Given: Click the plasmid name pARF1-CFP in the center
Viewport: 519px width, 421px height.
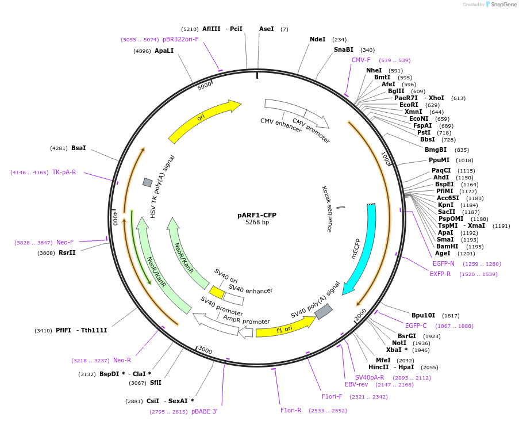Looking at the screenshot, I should [256, 215].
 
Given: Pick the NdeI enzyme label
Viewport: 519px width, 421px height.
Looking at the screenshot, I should [317, 40].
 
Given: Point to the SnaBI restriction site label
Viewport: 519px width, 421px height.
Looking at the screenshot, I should [343, 50].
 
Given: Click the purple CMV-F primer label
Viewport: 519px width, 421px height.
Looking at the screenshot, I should [361, 60].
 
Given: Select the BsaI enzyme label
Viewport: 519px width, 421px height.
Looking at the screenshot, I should [78, 148].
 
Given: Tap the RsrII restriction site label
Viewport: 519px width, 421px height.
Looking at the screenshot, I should [67, 252].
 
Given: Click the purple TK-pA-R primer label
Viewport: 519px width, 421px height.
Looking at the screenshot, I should [64, 172].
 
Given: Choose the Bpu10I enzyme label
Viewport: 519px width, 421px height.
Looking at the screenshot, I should [423, 315].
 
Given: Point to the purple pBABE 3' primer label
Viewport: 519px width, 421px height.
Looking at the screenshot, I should [204, 411].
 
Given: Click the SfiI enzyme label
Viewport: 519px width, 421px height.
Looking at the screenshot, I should [155, 382].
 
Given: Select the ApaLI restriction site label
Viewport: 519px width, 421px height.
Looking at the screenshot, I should [164, 51].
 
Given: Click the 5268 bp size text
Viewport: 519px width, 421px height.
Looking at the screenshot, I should [257, 223].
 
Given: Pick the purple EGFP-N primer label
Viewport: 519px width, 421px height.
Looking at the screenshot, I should [443, 263].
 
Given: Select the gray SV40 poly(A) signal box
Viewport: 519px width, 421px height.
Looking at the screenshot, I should [323, 311].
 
